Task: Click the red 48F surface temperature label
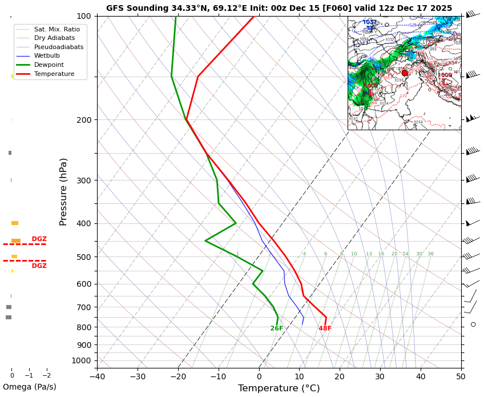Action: coord(325,328)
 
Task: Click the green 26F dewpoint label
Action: coord(277,328)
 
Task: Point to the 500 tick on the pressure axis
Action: coord(84,257)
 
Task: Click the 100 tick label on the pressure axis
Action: coord(84,16)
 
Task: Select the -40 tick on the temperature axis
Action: coord(97,376)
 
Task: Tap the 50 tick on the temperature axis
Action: coord(461,376)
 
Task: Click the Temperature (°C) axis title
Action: coord(279,388)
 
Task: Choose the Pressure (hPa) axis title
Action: coord(63,191)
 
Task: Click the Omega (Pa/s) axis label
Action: coord(29,387)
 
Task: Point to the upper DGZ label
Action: coord(39,239)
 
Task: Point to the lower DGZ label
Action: coord(39,266)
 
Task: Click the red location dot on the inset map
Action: coord(405,73)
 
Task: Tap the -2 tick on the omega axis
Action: coord(47,375)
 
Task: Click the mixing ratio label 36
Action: coord(430,254)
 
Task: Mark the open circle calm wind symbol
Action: coord(473,324)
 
